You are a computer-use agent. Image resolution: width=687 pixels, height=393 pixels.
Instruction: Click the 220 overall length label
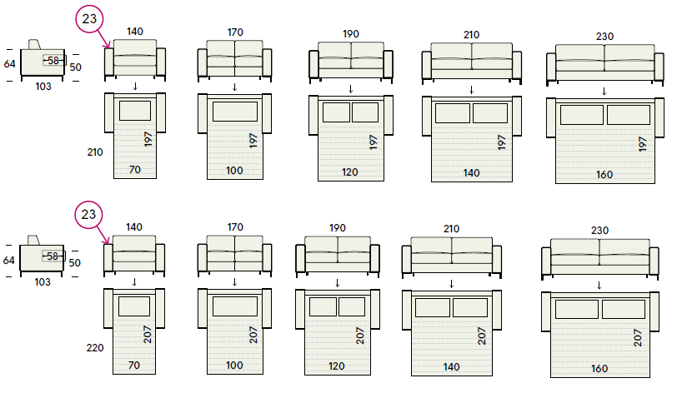coord(95,348)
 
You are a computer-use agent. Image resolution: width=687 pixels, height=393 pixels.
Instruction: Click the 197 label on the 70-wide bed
coord(148,139)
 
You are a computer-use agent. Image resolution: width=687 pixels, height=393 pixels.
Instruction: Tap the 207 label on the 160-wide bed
coord(638,338)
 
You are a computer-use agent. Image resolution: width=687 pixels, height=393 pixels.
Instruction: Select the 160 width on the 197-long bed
coord(604,175)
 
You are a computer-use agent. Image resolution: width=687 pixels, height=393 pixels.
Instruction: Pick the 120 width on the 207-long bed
coord(337,366)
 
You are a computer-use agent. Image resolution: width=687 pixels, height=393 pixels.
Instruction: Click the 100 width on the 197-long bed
coord(234,170)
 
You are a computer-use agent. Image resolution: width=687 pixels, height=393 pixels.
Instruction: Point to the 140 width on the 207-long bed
coord(451,366)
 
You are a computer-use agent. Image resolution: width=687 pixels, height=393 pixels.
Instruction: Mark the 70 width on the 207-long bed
coord(134,365)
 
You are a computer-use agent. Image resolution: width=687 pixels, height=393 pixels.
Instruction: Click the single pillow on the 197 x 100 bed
coord(235,112)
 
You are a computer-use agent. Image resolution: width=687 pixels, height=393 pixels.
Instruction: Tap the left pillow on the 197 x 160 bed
coord(582,115)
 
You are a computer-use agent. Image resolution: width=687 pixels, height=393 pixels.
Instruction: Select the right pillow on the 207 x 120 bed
coord(352,306)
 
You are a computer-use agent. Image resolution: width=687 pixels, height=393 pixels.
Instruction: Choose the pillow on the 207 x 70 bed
coord(134,306)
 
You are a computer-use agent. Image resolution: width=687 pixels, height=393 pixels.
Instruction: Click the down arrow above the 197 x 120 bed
coord(351,89)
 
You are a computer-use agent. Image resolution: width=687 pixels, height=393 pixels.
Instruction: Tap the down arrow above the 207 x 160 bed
coord(599,286)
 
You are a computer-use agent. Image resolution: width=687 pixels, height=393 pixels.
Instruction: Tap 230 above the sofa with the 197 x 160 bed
coord(604,37)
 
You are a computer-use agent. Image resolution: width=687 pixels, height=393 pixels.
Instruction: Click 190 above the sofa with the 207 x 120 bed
coord(338,228)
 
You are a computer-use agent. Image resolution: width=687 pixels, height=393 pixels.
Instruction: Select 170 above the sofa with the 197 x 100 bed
coord(235,32)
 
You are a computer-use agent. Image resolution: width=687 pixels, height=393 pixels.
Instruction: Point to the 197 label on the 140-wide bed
coord(502,142)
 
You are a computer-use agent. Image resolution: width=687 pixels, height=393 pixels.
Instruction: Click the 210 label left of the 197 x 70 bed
coord(95,152)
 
